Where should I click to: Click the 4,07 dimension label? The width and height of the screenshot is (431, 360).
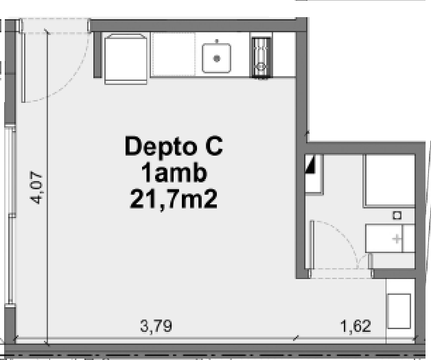[36, 188]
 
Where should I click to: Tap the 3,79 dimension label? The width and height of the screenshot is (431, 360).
[156, 326]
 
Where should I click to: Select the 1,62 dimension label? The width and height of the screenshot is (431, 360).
[356, 326]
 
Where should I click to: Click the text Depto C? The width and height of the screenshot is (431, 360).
[174, 147]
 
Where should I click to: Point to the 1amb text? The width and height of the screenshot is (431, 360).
[174, 173]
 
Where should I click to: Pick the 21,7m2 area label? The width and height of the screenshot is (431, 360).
[174, 199]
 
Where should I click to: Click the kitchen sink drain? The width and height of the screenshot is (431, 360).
[217, 58]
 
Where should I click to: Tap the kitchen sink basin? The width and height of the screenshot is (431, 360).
[217, 58]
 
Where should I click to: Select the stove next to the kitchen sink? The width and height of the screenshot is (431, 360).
[261, 58]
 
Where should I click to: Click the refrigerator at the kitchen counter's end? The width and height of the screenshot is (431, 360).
[126, 59]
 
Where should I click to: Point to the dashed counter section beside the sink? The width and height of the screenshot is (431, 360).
[174, 54]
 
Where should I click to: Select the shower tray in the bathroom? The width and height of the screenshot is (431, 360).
[390, 180]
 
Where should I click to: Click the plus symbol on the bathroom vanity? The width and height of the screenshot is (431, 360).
[397, 239]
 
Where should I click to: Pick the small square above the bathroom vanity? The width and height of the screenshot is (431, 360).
[397, 215]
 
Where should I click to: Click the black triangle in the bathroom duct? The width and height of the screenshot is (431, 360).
[310, 165]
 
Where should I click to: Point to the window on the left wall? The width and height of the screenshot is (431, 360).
[10, 215]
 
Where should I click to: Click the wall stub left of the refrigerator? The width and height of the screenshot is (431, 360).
[97, 55]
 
